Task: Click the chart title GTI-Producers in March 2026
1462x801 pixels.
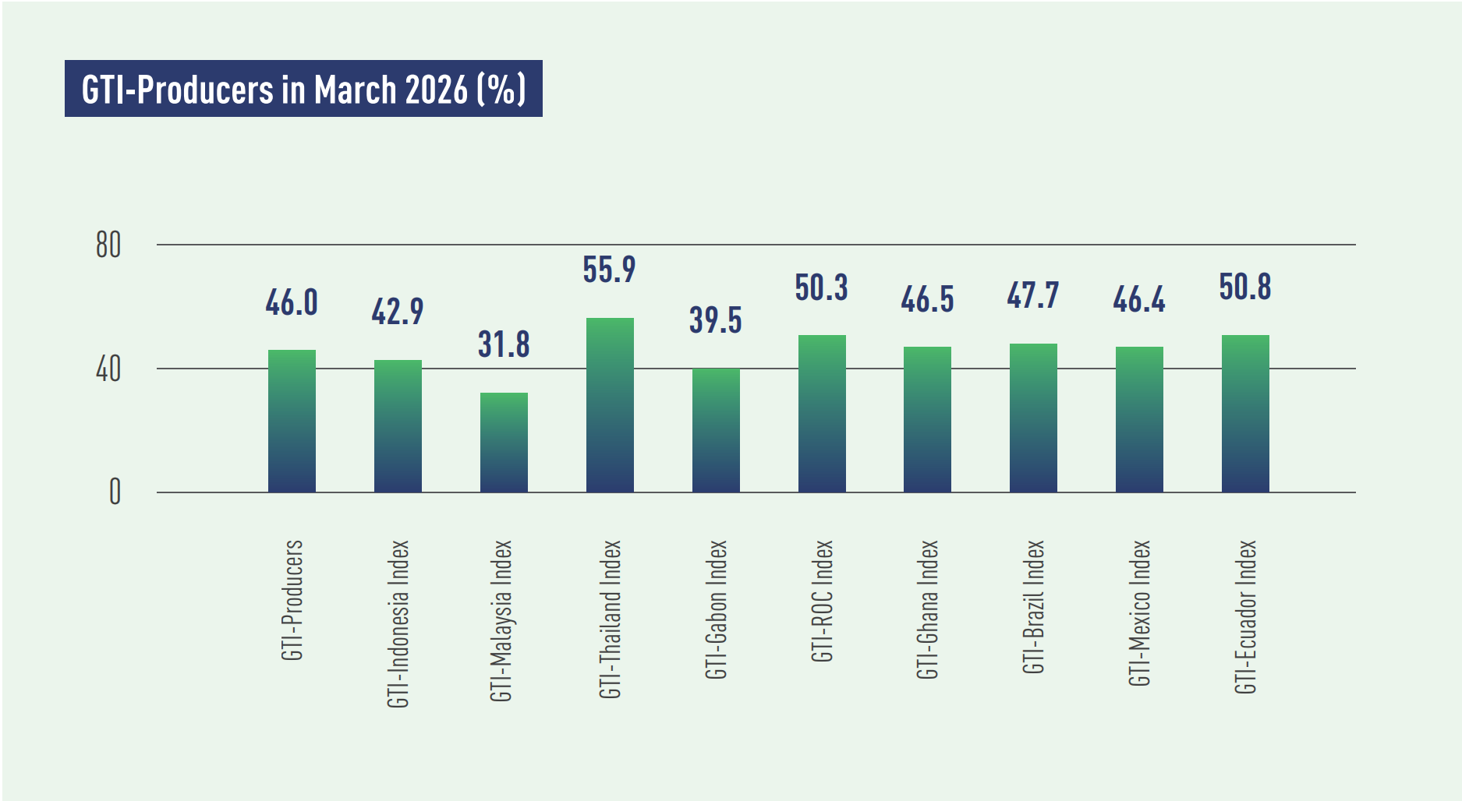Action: click(303, 89)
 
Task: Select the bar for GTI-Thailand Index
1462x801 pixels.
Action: click(610, 405)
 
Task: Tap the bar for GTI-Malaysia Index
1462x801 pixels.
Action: click(504, 442)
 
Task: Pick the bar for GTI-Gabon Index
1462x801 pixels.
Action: click(716, 430)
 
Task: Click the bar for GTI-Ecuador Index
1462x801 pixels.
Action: click(1245, 414)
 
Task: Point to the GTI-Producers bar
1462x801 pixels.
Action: click(292, 421)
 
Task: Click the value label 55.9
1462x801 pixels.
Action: click(609, 270)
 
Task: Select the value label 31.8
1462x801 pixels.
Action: click(504, 344)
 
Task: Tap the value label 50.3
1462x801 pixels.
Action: click(821, 288)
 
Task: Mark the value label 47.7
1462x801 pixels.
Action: click(1032, 295)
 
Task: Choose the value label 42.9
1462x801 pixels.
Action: click(397, 312)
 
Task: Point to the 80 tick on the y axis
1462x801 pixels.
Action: click(108, 245)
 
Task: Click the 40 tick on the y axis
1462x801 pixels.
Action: click(108, 369)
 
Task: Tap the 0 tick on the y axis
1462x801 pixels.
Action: click(115, 492)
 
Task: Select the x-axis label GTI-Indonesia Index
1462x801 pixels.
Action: click(398, 623)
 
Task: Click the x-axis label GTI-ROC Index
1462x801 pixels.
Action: click(822, 601)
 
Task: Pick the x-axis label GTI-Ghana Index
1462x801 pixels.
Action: click(927, 609)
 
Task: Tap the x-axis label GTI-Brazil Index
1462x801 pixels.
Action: click(1033, 606)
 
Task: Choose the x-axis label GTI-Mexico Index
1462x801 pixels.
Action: click(1139, 612)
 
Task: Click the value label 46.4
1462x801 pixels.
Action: click(1138, 299)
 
